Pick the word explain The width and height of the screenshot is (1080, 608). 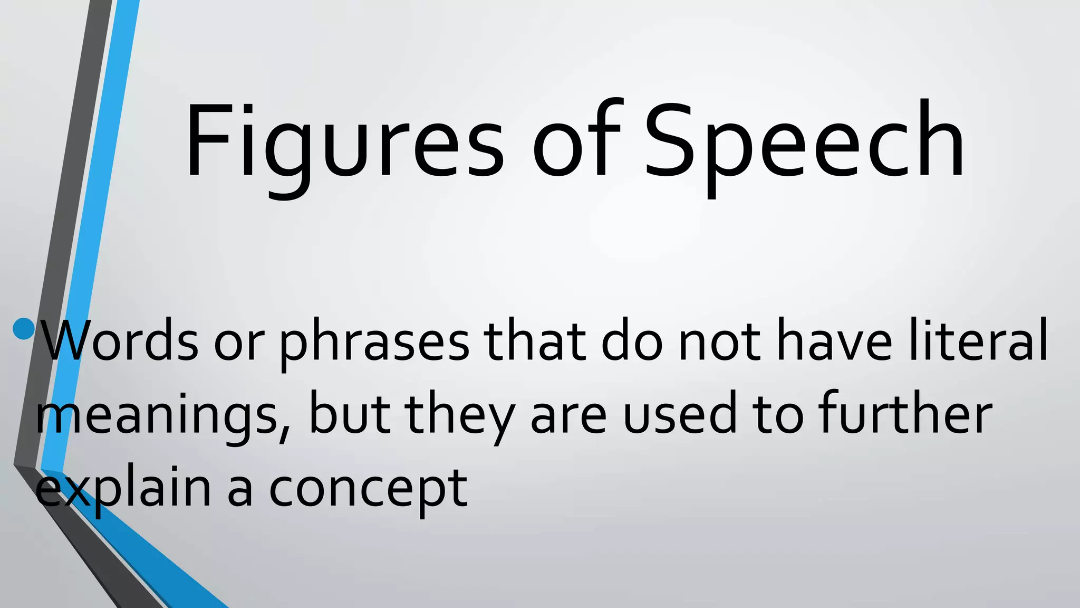click(x=123, y=488)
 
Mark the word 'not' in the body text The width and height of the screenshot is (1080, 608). click(x=719, y=343)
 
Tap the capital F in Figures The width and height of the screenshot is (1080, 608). click(x=208, y=140)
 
